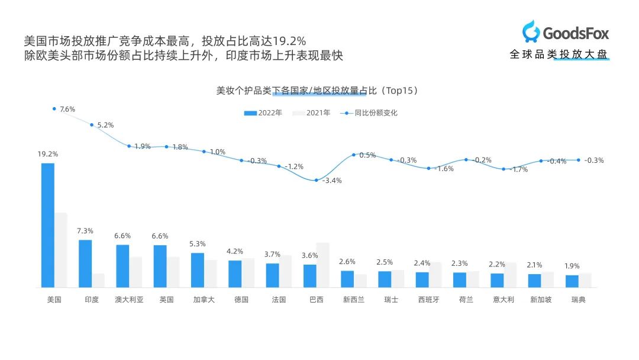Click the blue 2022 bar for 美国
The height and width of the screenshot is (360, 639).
[47, 225]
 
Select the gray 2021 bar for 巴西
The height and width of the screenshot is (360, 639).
[322, 265]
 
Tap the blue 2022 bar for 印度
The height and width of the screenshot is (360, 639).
[85, 263]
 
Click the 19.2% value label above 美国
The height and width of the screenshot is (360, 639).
[48, 154]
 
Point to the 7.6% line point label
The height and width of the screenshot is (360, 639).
[67, 109]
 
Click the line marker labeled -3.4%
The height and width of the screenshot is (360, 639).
[317, 180]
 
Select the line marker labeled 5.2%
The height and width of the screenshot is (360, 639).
[91, 124]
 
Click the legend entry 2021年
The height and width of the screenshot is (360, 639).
[312, 112]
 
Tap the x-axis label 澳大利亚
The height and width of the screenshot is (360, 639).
[129, 300]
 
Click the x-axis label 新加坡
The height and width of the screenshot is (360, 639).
[540, 300]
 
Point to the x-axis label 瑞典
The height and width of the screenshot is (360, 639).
[578, 300]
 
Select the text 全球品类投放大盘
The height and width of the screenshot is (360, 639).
[559, 54]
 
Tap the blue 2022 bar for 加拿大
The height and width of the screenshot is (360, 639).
[198, 270]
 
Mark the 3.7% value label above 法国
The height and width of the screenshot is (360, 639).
[272, 254]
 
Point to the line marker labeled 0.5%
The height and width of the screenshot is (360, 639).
[354, 155]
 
